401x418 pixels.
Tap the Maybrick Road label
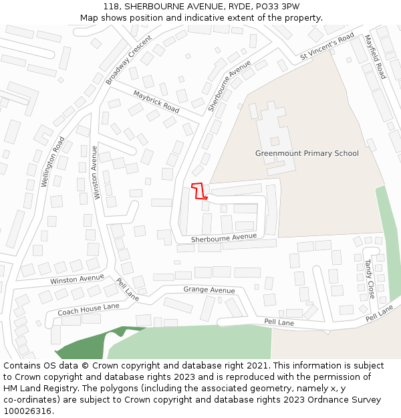coord(156,101)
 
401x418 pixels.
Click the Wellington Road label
coord(53,161)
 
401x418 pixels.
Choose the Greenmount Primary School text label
coord(307,153)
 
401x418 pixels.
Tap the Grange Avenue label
coord(209,290)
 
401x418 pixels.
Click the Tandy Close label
coord(369,279)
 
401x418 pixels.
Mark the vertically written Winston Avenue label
coord(96,172)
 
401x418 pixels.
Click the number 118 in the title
coord(111,7)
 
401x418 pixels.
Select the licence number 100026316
coord(28,411)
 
